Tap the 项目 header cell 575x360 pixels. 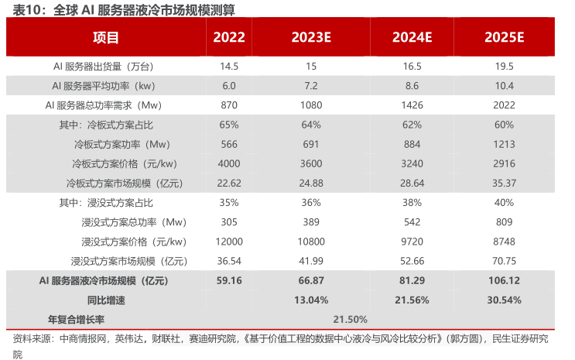[106, 36]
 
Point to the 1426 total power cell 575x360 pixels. [411, 105]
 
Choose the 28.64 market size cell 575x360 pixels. [411, 183]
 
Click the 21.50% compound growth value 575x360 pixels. [350, 319]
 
